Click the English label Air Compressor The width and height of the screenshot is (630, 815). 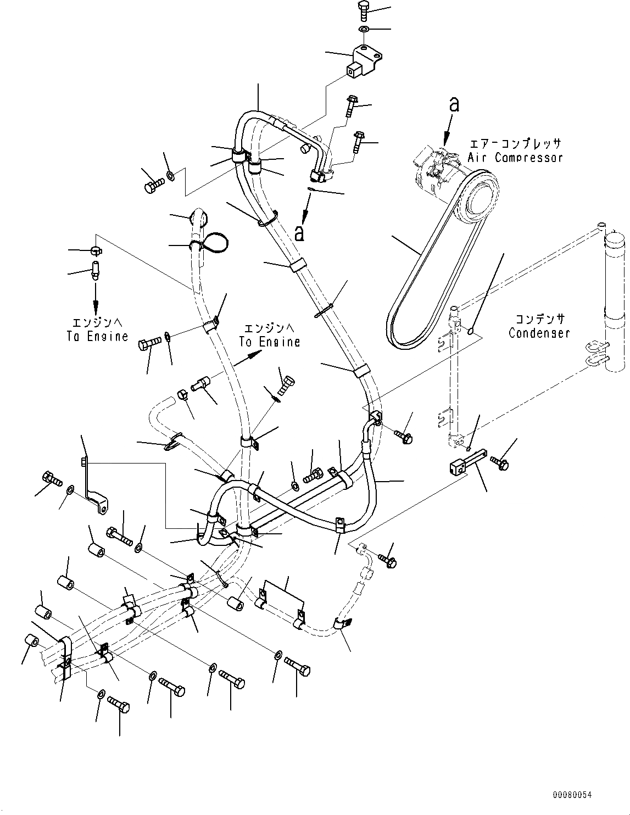[x=515, y=158]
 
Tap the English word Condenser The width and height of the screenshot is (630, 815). [x=539, y=333]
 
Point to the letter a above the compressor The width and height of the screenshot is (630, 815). [x=454, y=104]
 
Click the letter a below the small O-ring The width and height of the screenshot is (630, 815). [x=299, y=233]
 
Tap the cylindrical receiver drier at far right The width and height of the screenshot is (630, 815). [x=614, y=308]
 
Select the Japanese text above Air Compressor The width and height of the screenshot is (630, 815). [x=515, y=144]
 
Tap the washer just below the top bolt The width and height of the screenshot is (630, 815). [x=364, y=28]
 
